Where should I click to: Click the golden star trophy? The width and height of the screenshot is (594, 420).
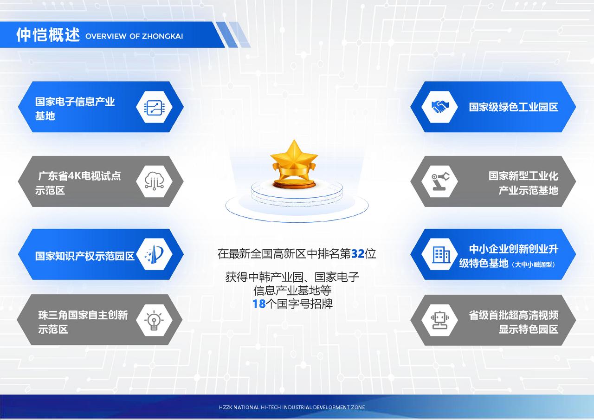pos(294,164)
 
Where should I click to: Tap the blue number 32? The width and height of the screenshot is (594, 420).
pos(358,254)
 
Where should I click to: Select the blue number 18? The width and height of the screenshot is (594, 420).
pos(259,304)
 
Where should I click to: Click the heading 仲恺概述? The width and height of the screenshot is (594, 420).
pos(48,35)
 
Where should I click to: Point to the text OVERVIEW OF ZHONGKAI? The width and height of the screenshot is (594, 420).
pos(134,36)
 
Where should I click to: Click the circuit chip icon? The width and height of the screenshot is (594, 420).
pos(154,108)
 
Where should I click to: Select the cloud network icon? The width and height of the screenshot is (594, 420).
pos(154,181)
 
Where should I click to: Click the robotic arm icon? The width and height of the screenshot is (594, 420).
pos(440,181)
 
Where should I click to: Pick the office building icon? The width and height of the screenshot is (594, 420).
pos(441,255)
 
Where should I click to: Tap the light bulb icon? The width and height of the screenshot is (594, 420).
pos(154,321)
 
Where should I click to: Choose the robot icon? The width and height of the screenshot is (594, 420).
pos(440,320)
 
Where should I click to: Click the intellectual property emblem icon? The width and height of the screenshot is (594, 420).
pos(155,254)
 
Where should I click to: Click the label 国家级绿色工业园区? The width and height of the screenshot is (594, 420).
pos(513,107)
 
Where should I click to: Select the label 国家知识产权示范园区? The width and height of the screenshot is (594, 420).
pos(85,256)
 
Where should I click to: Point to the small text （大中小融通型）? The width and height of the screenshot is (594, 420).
pos(533,265)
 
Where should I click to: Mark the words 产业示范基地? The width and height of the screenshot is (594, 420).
pos(529,190)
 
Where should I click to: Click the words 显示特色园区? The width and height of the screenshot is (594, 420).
pos(529,330)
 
